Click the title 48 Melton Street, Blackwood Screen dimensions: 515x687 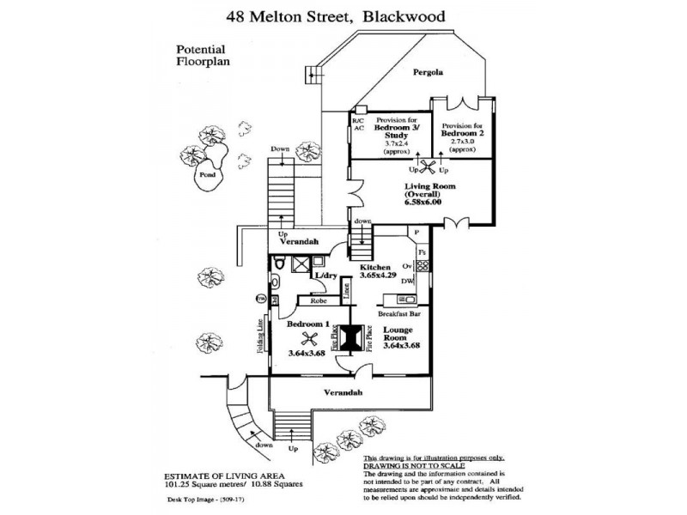coord(343,15)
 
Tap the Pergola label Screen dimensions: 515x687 coord(427,72)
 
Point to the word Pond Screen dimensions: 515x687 coord(206,174)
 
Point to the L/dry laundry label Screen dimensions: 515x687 coord(325,276)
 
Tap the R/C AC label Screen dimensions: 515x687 coord(359,124)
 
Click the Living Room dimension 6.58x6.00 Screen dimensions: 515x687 coord(423,203)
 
